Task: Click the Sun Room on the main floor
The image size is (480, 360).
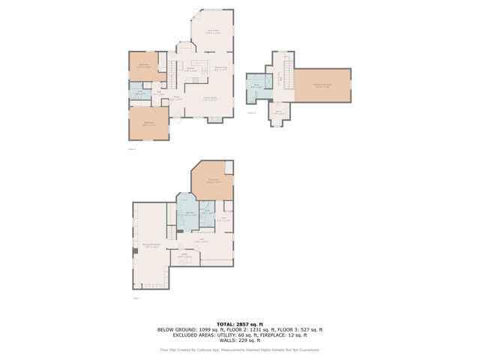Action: pyautogui.click(x=213, y=31)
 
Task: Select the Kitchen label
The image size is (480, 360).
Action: pyautogui.click(x=192, y=69)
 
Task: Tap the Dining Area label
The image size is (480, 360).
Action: pyautogui.click(x=221, y=69)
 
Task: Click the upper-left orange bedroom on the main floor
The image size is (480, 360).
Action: pyautogui.click(x=143, y=65)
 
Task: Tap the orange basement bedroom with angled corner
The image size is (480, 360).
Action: pyautogui.click(x=213, y=180)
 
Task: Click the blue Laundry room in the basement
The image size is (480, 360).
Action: pyautogui.click(x=187, y=214)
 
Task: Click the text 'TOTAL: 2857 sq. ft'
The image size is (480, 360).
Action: pyautogui.click(x=239, y=323)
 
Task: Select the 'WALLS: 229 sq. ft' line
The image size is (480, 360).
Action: pyautogui.click(x=239, y=341)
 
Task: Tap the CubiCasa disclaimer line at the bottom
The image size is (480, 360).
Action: pyautogui.click(x=239, y=349)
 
